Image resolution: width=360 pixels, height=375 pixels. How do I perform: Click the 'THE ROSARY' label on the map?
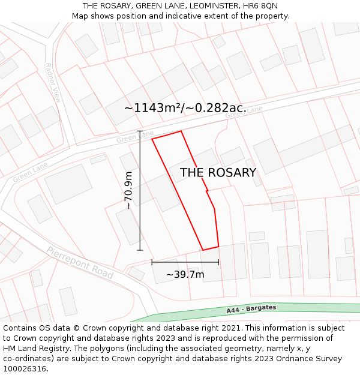218,173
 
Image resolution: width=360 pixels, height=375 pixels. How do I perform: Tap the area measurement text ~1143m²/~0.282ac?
185,108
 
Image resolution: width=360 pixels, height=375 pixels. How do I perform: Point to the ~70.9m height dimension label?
128,190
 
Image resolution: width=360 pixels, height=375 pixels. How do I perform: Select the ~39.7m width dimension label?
185,275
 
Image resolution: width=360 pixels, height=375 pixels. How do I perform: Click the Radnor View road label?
53,83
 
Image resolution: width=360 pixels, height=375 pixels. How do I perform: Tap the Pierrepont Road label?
80,262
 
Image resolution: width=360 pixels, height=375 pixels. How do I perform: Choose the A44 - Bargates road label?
251,309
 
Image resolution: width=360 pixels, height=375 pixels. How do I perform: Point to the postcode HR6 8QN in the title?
261,6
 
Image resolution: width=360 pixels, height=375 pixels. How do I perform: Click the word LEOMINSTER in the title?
199,6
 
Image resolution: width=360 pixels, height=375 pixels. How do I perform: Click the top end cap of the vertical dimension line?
140,131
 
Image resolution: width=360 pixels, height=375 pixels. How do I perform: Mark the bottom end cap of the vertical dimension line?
140,250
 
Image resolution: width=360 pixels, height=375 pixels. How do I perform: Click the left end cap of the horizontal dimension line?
152,262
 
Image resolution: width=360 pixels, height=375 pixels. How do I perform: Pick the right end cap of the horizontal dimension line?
218,262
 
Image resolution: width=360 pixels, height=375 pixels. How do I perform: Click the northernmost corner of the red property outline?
181,131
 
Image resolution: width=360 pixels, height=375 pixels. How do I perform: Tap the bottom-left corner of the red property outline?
203,250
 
